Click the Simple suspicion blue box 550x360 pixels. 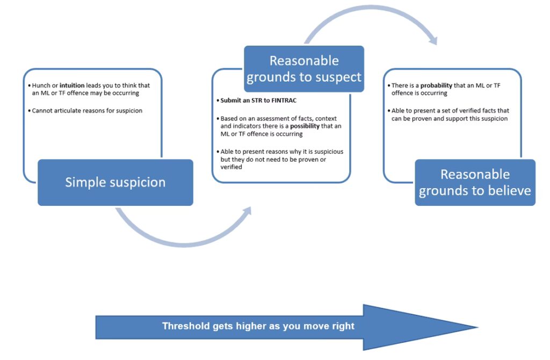click(115, 182)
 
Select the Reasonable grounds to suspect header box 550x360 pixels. click(304, 69)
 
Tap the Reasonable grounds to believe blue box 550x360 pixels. click(475, 182)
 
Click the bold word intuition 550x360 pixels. click(72, 85)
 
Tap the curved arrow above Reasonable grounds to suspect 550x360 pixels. click(371, 19)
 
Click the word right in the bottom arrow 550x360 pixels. click(343, 326)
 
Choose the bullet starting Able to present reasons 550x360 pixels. click(281, 159)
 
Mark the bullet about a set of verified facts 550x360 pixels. click(450, 114)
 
